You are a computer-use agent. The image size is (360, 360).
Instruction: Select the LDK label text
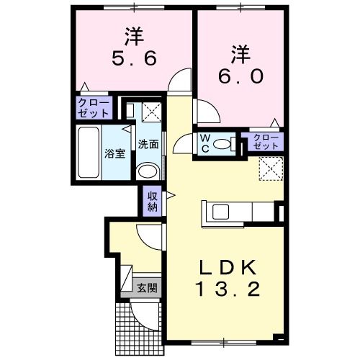227,267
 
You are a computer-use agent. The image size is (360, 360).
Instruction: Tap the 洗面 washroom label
149,143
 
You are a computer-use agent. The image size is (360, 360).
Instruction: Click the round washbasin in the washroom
147,171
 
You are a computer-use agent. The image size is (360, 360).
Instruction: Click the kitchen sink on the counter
219,212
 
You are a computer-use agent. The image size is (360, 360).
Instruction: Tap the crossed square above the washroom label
151,112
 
